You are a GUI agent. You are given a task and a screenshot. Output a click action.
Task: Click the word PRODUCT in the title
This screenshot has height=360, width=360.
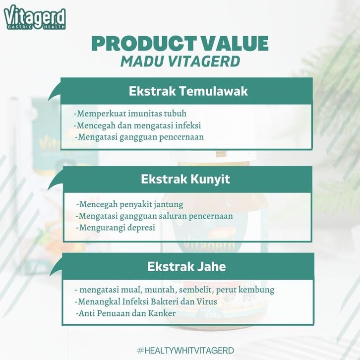click(143, 44)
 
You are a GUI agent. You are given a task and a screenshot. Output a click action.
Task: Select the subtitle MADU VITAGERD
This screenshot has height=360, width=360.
click(180, 61)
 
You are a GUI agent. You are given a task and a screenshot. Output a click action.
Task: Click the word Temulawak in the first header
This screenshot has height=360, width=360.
click(213, 91)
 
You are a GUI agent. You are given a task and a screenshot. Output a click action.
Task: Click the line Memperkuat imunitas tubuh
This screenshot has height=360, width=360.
click(130, 114)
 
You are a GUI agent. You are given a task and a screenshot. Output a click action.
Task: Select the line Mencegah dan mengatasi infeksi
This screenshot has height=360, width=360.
click(137, 125)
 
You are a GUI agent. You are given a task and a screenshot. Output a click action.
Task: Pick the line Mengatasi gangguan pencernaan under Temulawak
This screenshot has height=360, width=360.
click(139, 137)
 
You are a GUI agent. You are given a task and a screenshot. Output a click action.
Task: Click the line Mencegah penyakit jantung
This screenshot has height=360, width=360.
click(130, 205)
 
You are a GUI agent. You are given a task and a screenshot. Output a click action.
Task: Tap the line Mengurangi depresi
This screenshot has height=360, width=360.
click(116, 228)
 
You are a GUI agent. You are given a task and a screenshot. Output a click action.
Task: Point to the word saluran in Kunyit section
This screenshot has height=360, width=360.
click(170, 216)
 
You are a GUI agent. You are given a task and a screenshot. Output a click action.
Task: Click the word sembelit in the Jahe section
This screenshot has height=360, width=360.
click(196, 290)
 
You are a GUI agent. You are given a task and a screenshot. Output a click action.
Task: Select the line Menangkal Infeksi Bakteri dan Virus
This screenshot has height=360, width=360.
click(146, 301)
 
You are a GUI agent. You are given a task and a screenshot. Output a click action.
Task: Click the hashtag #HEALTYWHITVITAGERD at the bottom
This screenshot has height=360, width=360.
click(185, 351)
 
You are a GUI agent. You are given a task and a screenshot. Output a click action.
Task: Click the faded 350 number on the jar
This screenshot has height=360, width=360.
click(210, 315)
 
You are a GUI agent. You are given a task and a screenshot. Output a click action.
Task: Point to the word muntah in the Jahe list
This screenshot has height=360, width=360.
click(161, 290)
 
